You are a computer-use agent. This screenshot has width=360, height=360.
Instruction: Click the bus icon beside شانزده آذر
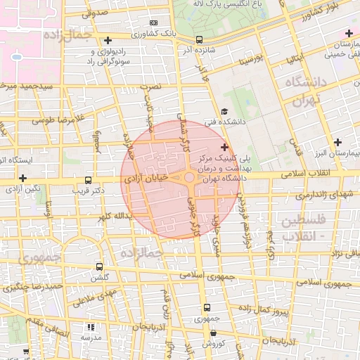[199, 40]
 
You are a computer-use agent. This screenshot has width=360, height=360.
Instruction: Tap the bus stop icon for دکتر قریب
[88, 181]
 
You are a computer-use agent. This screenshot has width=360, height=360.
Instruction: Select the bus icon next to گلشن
[98, 267]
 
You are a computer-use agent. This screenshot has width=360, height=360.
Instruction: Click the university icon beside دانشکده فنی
[224, 111]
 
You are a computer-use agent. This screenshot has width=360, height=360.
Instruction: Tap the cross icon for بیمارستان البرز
[338, 142]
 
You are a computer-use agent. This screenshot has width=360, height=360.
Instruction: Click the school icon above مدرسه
[90, 327]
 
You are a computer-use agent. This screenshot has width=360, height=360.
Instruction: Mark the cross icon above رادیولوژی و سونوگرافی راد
[107, 40]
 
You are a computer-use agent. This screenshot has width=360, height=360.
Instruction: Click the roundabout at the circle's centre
[190, 178]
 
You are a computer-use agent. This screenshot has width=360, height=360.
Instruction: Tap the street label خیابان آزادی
[148, 179]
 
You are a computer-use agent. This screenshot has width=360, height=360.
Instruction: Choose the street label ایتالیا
[298, 56]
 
